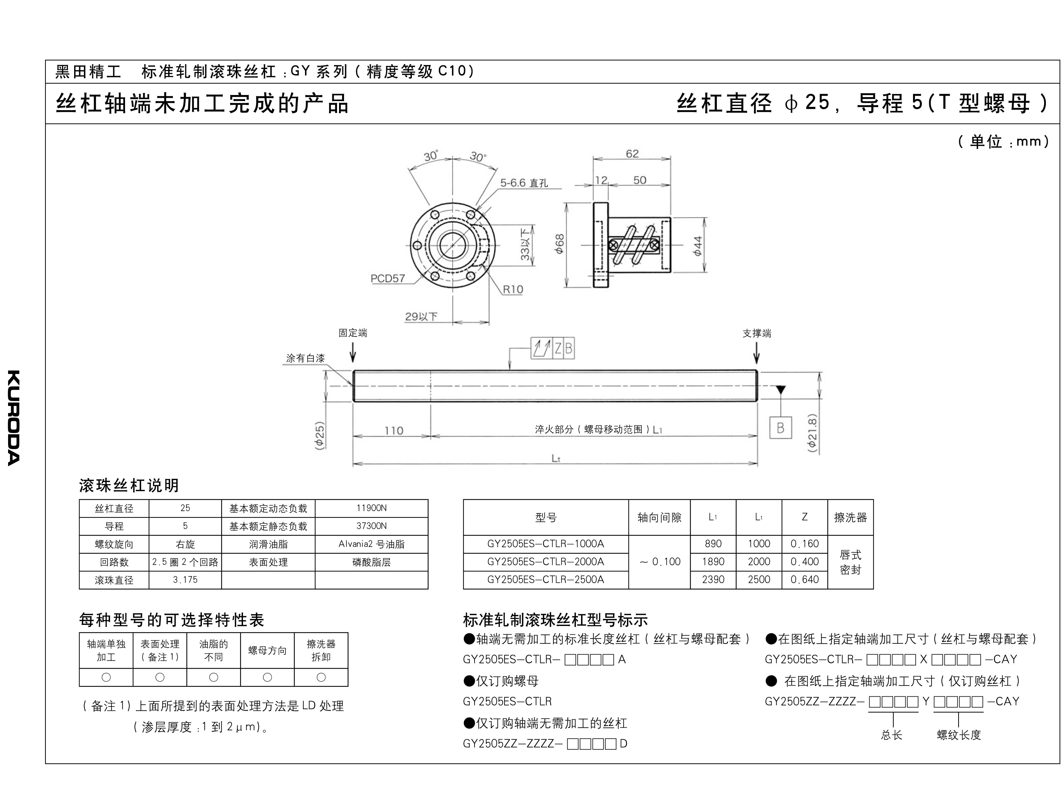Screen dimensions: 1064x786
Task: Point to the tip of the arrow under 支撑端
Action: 757,364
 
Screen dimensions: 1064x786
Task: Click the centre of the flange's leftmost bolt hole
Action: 417,246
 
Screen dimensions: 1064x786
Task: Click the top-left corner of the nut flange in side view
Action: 594,203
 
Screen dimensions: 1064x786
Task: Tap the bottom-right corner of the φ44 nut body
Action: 670,273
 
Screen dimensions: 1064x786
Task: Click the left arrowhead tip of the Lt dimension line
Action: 354,463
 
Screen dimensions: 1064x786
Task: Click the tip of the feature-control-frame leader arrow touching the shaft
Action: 510,370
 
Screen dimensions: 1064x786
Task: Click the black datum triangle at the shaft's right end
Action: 781,390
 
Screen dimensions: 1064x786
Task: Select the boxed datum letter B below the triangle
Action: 781,428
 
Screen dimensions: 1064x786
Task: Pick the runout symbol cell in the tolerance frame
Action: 542,349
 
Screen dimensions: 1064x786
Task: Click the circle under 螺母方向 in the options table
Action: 267,677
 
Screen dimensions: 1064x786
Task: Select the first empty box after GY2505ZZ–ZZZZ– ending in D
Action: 573,744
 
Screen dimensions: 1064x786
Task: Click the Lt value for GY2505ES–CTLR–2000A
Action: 759,561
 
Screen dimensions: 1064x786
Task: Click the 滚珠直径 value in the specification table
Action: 185,579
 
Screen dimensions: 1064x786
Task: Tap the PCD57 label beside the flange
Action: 388,278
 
